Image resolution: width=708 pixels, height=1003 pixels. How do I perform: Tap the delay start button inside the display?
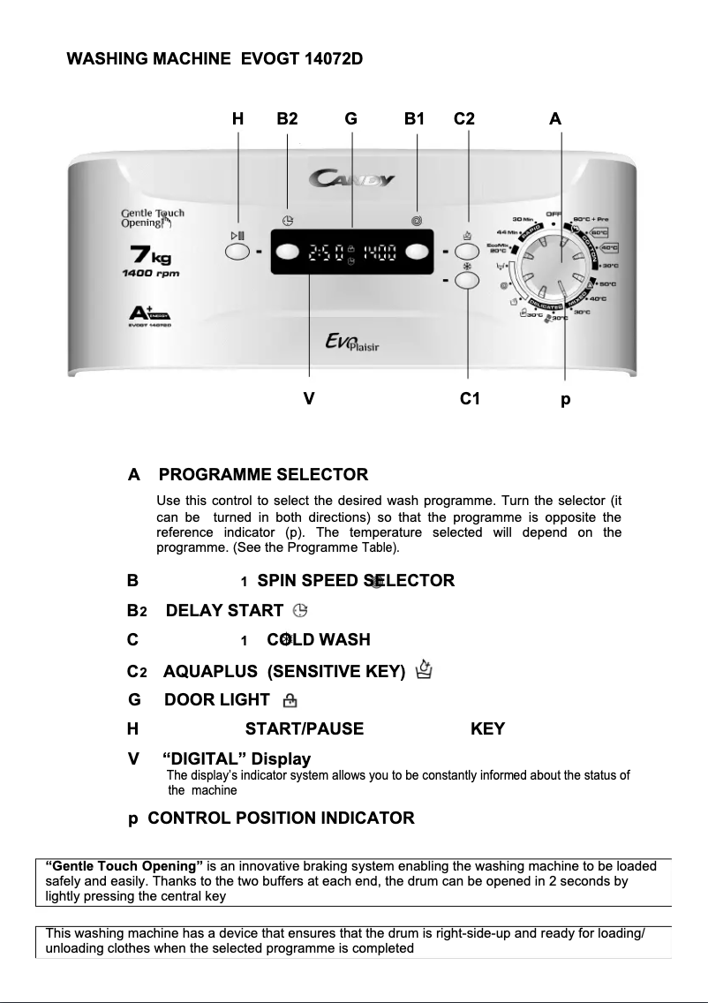coord(287,252)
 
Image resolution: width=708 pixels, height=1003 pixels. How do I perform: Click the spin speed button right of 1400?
coord(418,252)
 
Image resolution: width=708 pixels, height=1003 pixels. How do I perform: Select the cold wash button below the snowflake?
coord(468,280)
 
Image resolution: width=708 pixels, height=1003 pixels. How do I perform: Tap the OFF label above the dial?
coord(554,213)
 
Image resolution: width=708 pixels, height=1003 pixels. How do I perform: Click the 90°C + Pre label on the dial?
coord(591,219)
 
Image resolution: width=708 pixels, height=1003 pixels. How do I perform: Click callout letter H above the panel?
coord(237,118)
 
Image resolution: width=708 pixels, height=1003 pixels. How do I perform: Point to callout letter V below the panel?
coord(308,399)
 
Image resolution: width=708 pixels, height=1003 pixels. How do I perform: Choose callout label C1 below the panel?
coord(470,399)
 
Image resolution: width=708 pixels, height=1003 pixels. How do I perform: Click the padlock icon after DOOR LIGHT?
coord(289,701)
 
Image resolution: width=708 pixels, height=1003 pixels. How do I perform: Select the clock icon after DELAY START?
coord(301,610)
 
